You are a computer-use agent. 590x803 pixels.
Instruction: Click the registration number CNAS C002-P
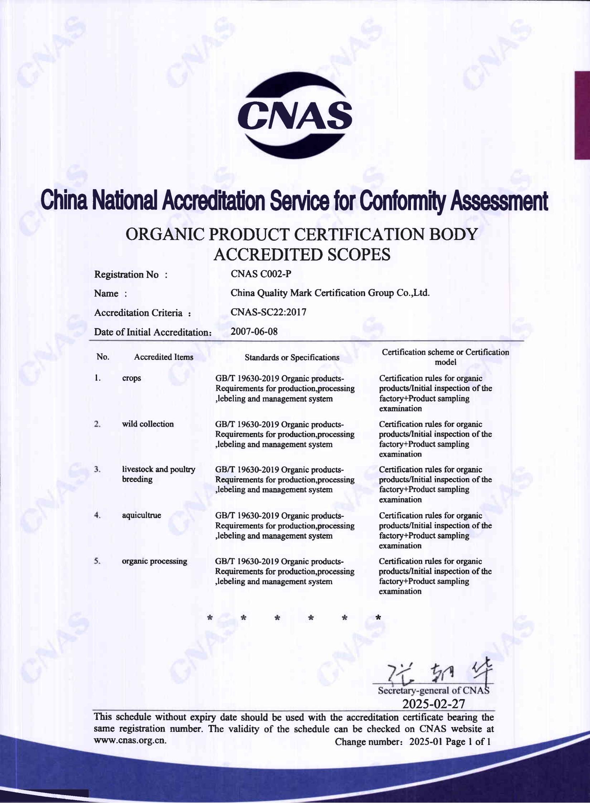click(x=261, y=274)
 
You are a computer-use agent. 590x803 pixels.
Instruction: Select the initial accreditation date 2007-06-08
click(x=254, y=331)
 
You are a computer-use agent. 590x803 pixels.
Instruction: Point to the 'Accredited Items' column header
click(x=164, y=357)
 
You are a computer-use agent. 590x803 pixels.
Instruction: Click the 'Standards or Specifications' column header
click(x=292, y=357)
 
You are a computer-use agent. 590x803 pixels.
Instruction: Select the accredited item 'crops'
click(x=131, y=378)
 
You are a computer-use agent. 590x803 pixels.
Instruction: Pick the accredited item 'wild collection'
click(x=147, y=424)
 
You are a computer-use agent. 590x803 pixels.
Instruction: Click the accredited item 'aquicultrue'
click(x=141, y=515)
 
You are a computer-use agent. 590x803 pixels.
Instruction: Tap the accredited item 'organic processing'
click(x=154, y=561)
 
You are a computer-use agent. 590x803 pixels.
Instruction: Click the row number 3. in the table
click(x=97, y=470)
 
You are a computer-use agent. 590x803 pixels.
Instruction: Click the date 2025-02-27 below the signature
click(x=434, y=704)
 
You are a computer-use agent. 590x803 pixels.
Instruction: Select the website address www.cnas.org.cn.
click(x=130, y=741)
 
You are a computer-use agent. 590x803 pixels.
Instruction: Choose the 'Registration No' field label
click(x=126, y=275)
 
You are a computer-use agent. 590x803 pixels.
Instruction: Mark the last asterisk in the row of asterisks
click(x=378, y=617)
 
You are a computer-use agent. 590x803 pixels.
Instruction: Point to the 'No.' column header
click(x=103, y=357)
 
